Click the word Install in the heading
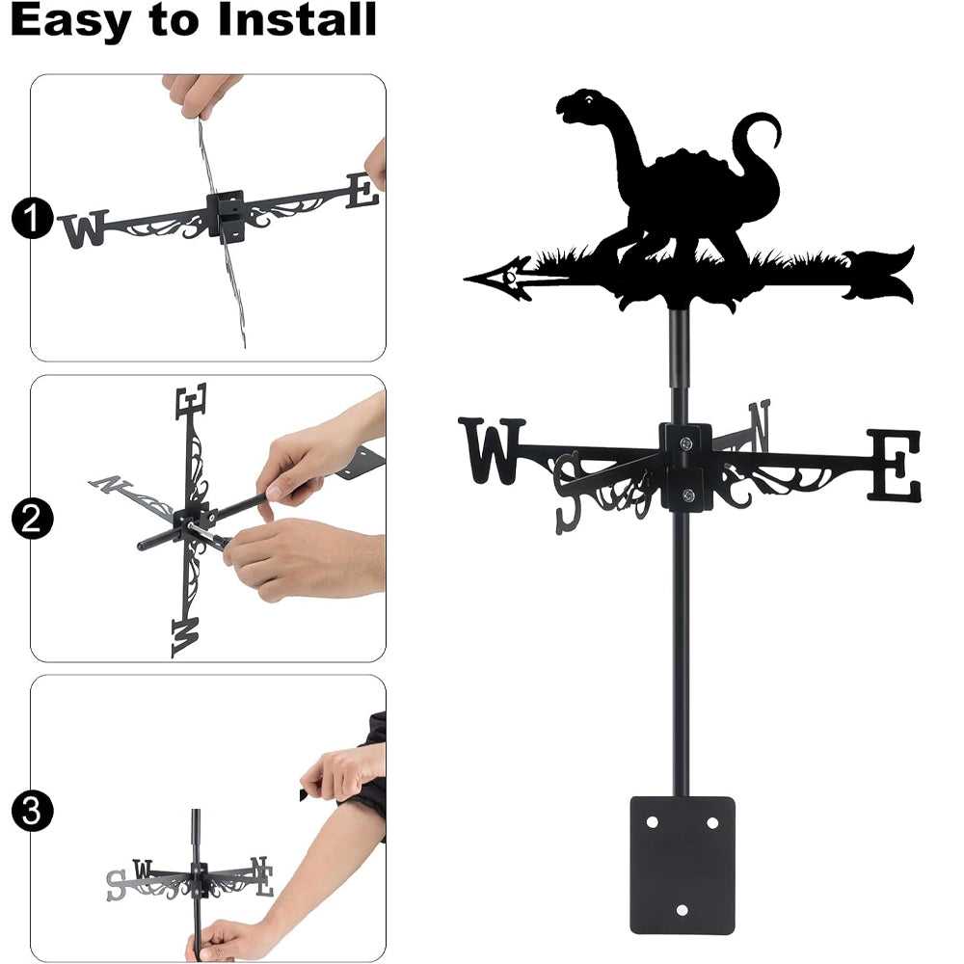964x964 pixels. tap(297, 19)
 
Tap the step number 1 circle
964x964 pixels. tap(32, 218)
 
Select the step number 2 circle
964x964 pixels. tap(32, 519)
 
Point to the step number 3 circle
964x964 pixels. tap(32, 811)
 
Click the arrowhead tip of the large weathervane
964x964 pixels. tap(466, 280)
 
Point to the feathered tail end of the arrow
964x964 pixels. tap(879, 275)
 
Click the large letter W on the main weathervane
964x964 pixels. tap(492, 449)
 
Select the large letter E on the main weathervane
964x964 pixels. tap(895, 465)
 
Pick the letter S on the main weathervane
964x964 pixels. tap(566, 493)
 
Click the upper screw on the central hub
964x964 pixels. tap(685, 442)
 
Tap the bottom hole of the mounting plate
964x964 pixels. tap(682, 910)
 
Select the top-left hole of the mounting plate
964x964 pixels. tap(652, 822)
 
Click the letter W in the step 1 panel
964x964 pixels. tap(84, 228)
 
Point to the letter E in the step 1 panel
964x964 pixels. tap(362, 191)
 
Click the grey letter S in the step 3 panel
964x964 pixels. tap(116, 885)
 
